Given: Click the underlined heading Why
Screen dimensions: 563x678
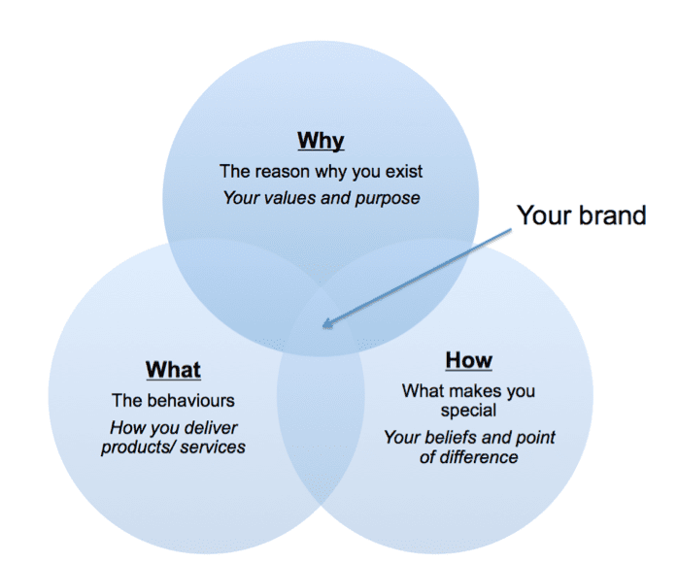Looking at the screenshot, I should tap(321, 141).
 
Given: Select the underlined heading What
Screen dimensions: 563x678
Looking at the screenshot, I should tap(173, 370).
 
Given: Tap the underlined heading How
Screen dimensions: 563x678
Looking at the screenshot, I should tap(468, 360).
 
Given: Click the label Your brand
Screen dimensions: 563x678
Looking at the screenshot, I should tap(581, 215).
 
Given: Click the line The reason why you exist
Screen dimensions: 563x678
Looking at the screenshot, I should tap(321, 172).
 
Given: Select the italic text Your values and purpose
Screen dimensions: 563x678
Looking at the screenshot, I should tap(321, 198).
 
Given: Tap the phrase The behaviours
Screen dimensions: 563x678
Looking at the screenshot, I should tap(173, 400).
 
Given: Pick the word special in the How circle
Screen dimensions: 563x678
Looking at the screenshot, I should tap(468, 411).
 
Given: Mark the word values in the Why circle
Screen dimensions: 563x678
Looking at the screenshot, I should tap(287, 198).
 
